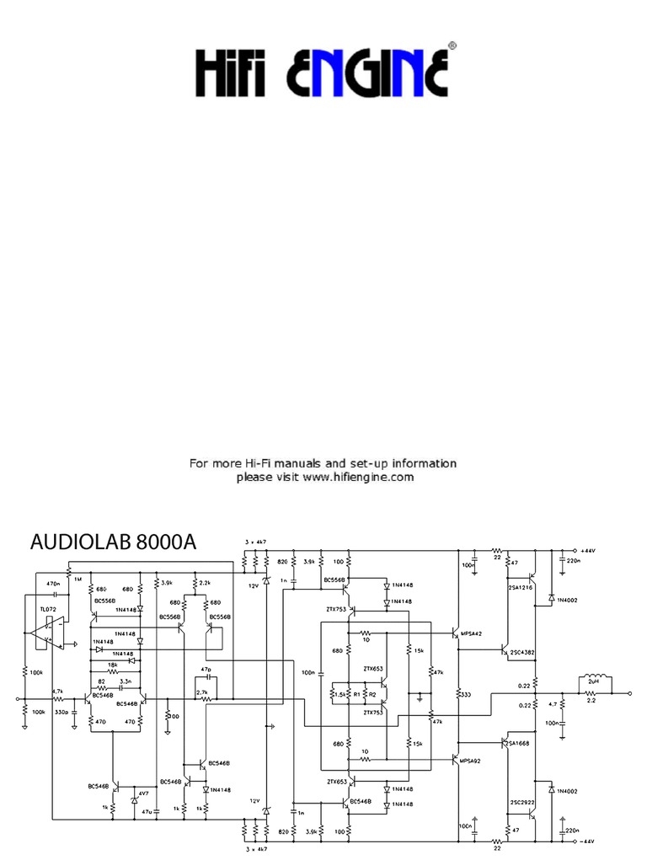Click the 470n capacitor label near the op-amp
click(x=52, y=583)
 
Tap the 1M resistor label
click(x=78, y=579)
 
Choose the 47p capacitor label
click(x=206, y=669)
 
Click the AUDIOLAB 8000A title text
click(x=113, y=542)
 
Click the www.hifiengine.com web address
click(x=358, y=477)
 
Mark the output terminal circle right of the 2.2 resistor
click(x=630, y=692)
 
